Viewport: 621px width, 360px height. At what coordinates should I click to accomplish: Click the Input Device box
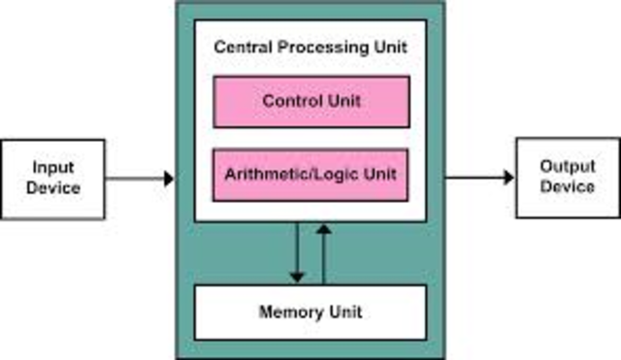click(x=52, y=178)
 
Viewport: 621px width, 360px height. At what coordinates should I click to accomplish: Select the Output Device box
click(x=567, y=178)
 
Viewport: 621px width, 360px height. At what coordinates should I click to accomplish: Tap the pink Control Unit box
click(x=310, y=101)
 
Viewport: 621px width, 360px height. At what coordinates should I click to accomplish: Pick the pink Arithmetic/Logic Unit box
click(x=310, y=176)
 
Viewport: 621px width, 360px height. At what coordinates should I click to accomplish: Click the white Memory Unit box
click(x=310, y=312)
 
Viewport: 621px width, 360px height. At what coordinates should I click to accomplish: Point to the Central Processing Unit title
click(x=310, y=47)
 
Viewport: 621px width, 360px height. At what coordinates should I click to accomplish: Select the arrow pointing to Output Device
click(x=479, y=178)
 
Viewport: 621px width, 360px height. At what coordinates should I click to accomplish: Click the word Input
click(x=53, y=168)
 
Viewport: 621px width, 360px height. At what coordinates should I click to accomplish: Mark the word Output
click(x=568, y=168)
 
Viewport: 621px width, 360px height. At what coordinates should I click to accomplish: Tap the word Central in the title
click(x=241, y=47)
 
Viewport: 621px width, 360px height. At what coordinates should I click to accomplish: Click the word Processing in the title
click(x=314, y=47)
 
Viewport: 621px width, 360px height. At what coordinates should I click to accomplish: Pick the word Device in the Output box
click(x=568, y=186)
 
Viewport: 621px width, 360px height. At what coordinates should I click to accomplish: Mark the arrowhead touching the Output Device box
click(x=508, y=178)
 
